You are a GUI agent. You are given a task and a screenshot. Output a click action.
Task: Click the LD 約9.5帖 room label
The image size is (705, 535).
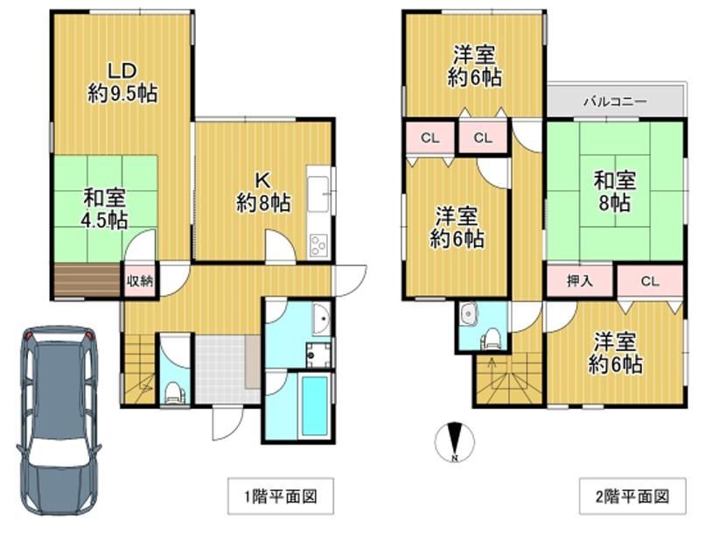coord(122,82)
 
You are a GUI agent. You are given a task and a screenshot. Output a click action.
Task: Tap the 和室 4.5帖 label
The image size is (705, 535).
coord(104,209)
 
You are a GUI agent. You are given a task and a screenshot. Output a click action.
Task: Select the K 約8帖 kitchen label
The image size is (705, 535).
coord(263,193)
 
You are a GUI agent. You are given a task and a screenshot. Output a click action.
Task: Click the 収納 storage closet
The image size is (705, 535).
coord(139,281)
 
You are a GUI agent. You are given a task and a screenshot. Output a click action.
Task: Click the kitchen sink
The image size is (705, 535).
coord(318,195)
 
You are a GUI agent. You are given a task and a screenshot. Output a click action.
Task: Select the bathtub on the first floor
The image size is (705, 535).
coord(314,406)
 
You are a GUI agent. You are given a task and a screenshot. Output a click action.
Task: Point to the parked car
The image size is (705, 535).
coord(59,419)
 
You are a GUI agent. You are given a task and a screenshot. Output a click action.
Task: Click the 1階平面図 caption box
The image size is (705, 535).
coord(281,496)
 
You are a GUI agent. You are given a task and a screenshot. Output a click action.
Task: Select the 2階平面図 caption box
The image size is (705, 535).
coord(632,496)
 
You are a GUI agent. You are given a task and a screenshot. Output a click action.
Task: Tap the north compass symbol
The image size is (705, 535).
coord(455,442)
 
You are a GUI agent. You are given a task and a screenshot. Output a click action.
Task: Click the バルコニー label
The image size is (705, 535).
coord(615,102)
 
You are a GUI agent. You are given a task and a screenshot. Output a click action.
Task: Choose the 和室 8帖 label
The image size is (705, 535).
coord(615,192)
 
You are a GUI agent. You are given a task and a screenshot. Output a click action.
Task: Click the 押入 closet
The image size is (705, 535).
coord(580,281)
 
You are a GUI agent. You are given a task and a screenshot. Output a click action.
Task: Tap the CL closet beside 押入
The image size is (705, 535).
coord(650,281)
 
